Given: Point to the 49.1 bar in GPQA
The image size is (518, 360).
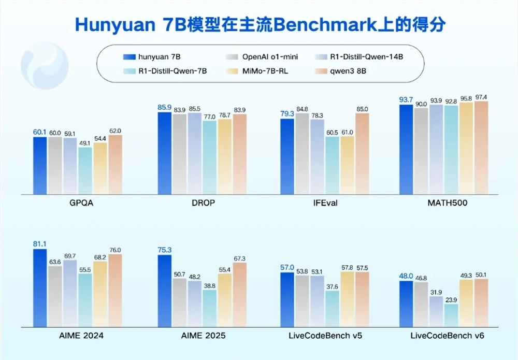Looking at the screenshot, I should pyautogui.click(x=85, y=171).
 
